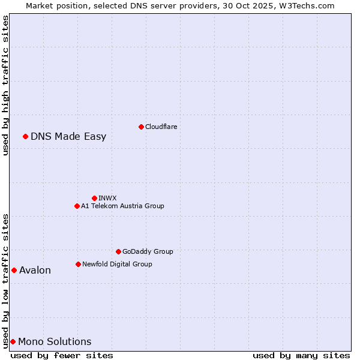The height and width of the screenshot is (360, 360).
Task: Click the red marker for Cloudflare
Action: tap(141, 127)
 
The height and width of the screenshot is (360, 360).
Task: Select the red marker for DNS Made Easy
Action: tap(25, 136)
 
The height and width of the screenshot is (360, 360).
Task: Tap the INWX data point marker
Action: tap(94, 198)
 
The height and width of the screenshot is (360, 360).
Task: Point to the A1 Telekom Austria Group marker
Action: tap(77, 206)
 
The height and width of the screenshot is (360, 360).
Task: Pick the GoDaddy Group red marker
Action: tap(118, 251)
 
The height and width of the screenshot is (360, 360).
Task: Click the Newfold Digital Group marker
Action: tap(78, 264)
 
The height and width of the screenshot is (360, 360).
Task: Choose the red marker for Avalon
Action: tap(14, 270)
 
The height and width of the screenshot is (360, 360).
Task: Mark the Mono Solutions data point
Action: tap(13, 341)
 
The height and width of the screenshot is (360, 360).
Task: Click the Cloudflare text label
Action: tap(161, 127)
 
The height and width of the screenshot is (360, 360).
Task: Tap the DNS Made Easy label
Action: tap(68, 136)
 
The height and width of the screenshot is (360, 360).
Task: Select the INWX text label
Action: tap(107, 198)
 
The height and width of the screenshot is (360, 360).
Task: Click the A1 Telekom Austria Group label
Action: tap(122, 206)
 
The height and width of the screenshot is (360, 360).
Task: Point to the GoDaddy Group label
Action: tap(148, 251)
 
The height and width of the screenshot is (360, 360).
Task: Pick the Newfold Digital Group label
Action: tap(117, 264)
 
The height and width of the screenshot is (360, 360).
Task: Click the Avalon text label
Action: tap(35, 270)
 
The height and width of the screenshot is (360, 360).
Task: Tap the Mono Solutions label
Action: tap(55, 341)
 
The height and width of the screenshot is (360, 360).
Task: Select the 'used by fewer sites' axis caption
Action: tap(62, 355)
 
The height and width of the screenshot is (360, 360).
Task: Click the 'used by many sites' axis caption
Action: tap(301, 355)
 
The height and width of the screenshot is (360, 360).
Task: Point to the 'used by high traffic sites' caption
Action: tap(5, 86)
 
